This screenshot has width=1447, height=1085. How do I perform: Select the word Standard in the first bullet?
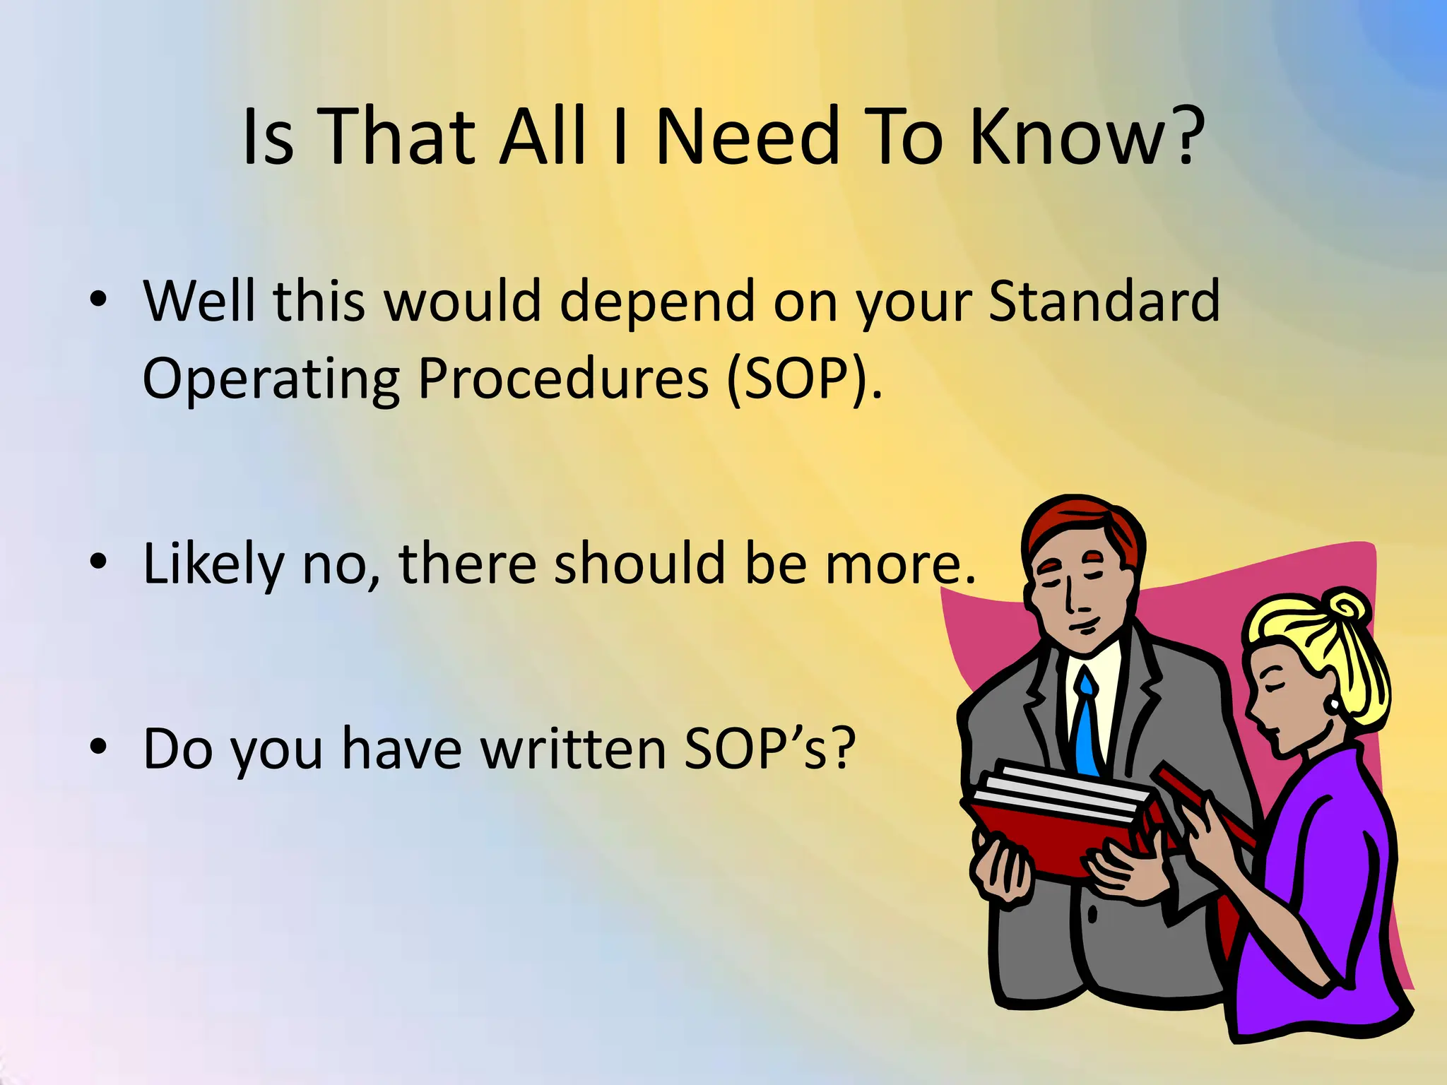coord(1104,301)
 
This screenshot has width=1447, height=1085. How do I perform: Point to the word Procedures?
coord(563,379)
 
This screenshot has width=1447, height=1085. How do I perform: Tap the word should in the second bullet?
coord(640,564)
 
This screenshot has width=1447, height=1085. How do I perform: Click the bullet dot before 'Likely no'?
coord(98,562)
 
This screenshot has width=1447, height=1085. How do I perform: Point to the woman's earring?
coord(1333,704)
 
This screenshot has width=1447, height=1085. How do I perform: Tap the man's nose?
coord(1070,597)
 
